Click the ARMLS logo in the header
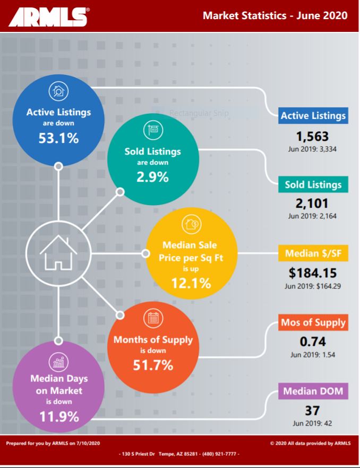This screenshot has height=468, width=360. coord(48,16)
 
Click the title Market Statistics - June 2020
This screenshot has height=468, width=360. coord(275,15)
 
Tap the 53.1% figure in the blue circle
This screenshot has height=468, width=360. coord(58,138)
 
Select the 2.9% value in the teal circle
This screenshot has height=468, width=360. coord(152,177)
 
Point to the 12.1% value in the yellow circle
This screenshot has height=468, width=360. coord(191,283)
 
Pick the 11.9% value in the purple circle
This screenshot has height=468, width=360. coord(58,416)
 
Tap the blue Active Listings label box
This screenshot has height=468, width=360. coord(313,115)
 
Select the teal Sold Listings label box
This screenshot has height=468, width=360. coord(313,184)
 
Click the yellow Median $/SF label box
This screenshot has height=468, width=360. coord(313,253)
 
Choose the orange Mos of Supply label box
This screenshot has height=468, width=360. coord(313,322)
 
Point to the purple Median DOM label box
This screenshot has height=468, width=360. coord(313,392)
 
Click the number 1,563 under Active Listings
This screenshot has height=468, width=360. coord(313,135)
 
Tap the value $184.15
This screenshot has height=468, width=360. coord(313,274)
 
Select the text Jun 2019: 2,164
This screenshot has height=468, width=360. coord(313,216)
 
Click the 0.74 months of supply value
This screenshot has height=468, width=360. coord(313,342)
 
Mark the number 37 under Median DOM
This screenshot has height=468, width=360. coord(312,411)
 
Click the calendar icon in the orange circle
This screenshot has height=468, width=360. coord(152,319)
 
